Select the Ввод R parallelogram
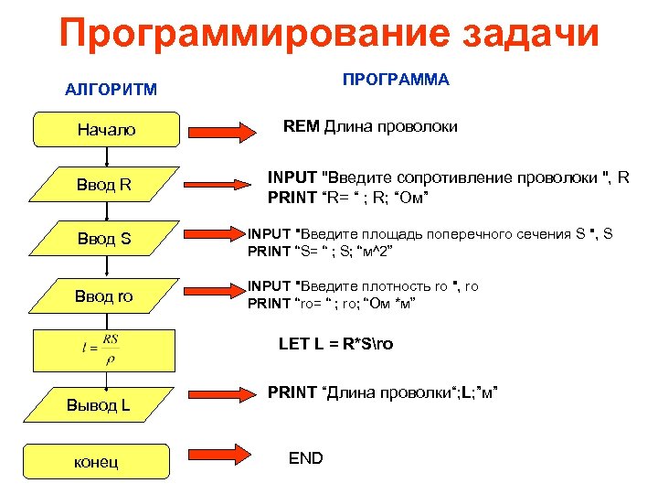tap(105, 186)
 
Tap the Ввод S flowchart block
tap(105, 240)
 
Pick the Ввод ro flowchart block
tap(105, 295)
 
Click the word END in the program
tap(305, 458)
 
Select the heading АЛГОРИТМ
tap(111, 90)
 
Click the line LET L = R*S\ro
tap(336, 345)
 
